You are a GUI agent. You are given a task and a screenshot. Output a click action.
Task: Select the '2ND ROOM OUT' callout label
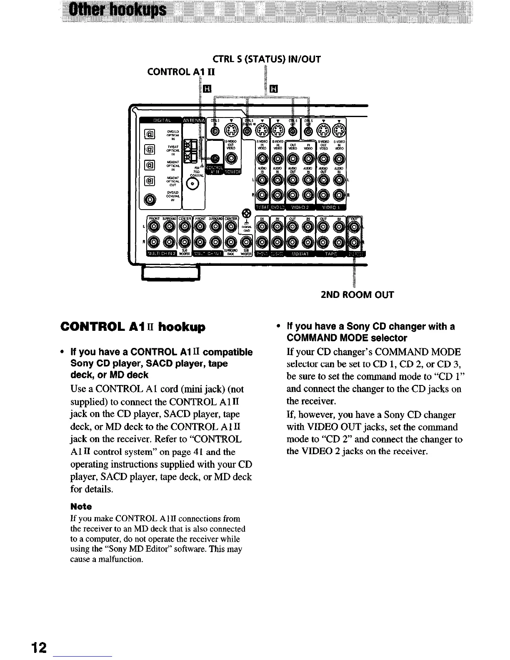pyautogui.click(x=357, y=295)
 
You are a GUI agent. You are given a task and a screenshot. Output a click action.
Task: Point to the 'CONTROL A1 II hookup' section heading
pyautogui.click(x=133, y=327)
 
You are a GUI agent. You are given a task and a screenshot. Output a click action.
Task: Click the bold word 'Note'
pyautogui.click(x=81, y=506)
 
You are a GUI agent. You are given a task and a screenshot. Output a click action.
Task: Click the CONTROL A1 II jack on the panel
pyautogui.click(x=215, y=159)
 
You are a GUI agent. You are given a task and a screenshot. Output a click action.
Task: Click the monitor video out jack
pyautogui.click(x=231, y=158)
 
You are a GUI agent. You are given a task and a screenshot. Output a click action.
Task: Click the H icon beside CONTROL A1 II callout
pyautogui.click(x=207, y=89)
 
